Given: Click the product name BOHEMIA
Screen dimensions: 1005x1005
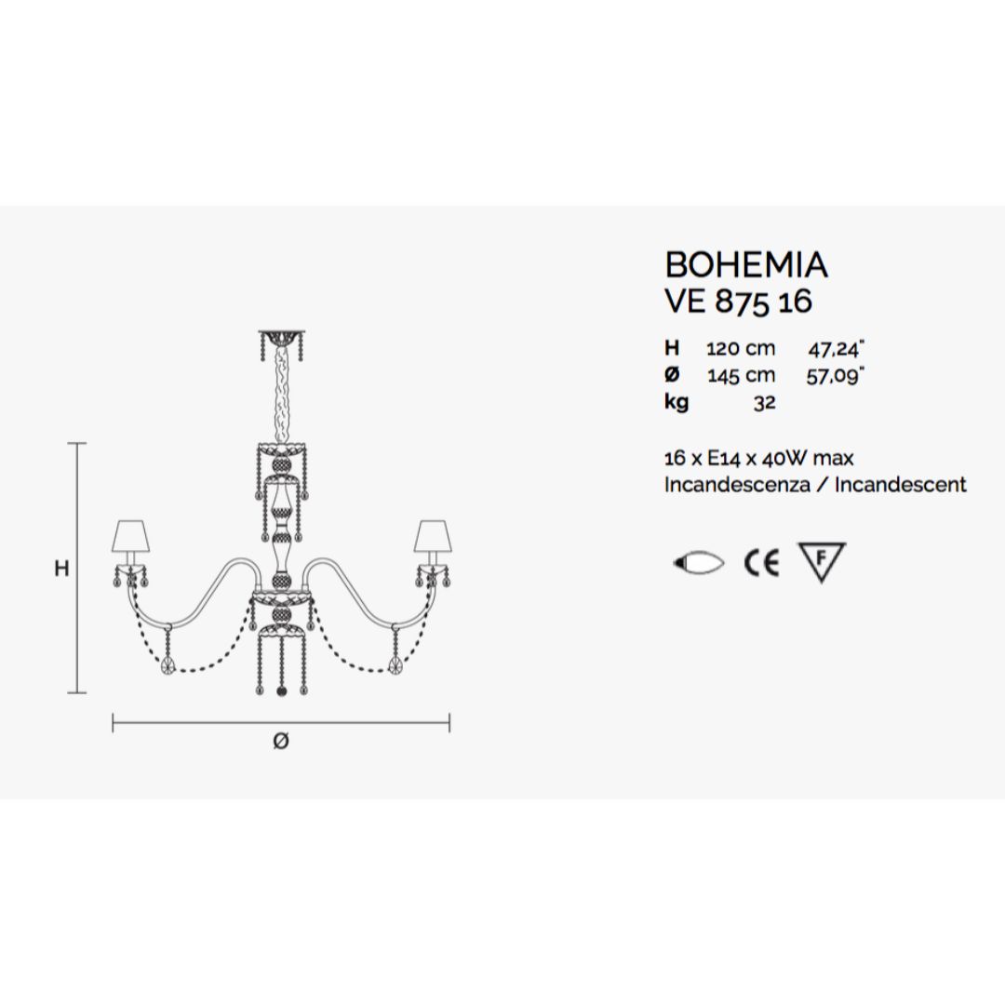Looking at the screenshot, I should pos(745,265).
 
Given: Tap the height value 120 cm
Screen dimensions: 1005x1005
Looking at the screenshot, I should pos(740,349).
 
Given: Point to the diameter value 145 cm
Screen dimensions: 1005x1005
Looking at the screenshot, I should pos(740,376).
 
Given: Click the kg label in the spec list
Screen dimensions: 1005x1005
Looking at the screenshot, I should pos(676,404).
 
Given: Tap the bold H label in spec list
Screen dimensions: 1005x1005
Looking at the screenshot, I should pos(672,349).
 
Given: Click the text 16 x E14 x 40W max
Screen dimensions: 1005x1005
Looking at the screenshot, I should pos(758,458).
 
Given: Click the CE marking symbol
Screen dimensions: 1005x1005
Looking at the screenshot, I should pos(761,564).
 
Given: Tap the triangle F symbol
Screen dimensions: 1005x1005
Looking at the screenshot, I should pos(822,561).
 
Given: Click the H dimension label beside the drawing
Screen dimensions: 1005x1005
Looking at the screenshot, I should pos(61,569).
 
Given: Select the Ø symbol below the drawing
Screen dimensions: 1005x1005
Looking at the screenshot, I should pos(281,742).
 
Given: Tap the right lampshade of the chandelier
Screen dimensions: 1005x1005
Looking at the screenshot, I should pos(431,537).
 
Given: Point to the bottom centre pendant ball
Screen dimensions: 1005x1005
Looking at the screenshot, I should pos(282,690).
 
